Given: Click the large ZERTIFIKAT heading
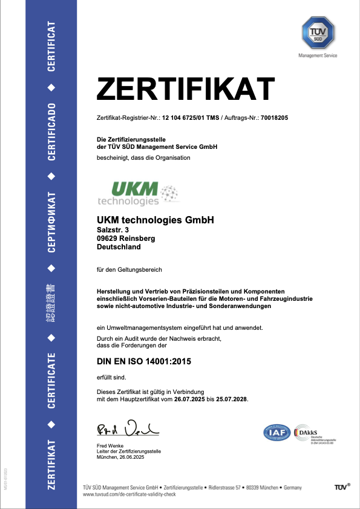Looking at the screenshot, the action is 186,90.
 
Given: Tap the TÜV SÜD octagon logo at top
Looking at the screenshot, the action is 317,34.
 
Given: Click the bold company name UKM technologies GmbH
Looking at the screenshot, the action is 155,220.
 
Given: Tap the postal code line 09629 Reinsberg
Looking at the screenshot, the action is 126,238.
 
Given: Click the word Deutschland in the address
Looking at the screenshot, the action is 119,247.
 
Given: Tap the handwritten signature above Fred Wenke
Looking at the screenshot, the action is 128,429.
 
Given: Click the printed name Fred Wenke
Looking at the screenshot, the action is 111,446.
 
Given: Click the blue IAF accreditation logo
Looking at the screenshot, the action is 276,433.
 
